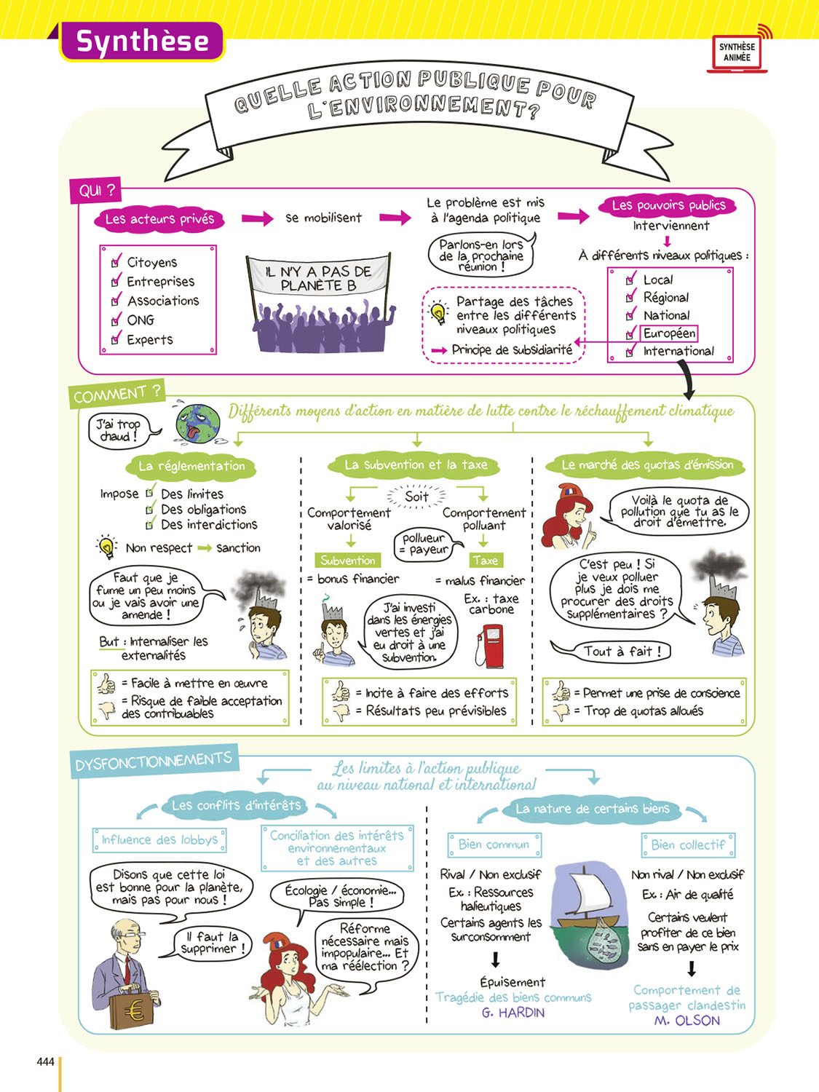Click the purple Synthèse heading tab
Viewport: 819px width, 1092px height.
[142, 41]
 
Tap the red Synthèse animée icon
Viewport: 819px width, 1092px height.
[737, 52]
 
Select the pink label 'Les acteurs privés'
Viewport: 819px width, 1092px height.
[159, 219]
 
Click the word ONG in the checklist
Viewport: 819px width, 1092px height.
[141, 320]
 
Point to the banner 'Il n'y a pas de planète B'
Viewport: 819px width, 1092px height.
[318, 278]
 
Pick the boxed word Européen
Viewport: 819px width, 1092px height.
[669, 333]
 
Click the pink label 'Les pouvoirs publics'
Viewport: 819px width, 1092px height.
[668, 206]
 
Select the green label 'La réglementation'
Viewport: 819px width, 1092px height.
[192, 466]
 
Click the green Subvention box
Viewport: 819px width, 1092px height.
[348, 561]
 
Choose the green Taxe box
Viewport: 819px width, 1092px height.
[485, 561]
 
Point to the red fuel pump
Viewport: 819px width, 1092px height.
[491, 645]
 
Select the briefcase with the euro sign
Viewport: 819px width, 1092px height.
[134, 1008]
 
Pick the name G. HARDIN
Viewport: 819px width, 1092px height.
[513, 1013]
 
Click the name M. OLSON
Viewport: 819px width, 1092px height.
[687, 1021]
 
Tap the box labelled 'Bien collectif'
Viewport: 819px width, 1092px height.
[688, 845]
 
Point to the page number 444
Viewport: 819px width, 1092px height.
[45, 1062]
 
